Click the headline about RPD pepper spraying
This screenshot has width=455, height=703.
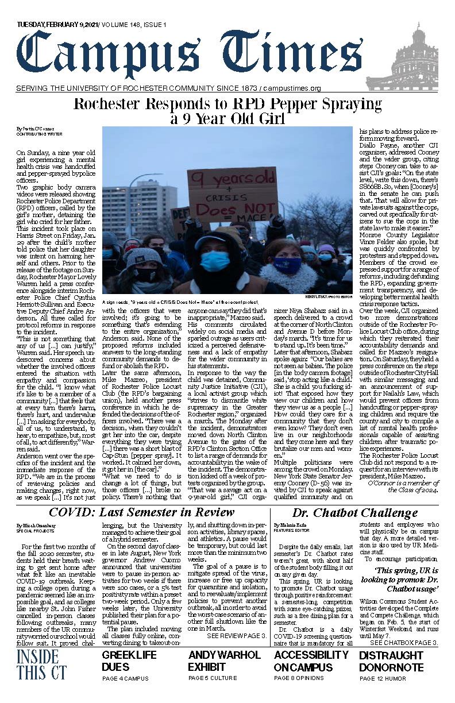(x=227, y=111)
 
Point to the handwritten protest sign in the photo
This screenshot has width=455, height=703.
(x=232, y=194)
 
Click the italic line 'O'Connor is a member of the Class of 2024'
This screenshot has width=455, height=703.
(x=403, y=486)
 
